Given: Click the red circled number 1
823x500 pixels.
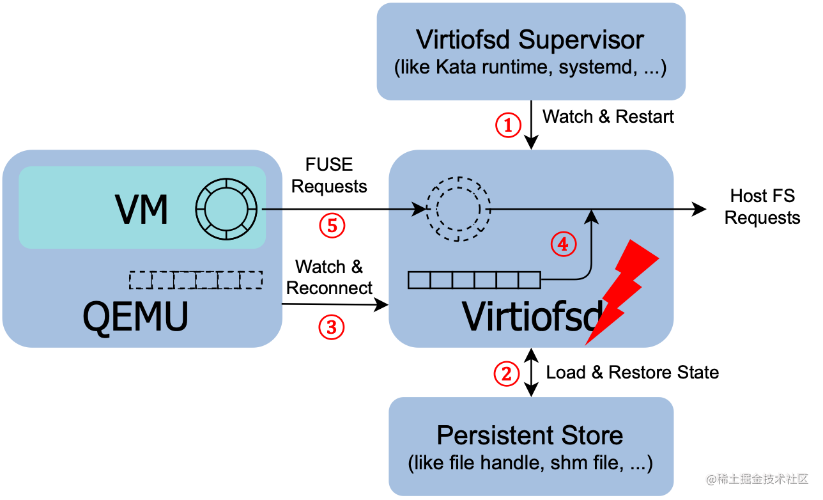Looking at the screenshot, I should pyautogui.click(x=509, y=125).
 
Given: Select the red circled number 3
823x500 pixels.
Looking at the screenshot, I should pyautogui.click(x=332, y=327).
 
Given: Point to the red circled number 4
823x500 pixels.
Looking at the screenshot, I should pyautogui.click(x=564, y=244).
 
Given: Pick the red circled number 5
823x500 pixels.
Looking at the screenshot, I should pyautogui.click(x=332, y=225).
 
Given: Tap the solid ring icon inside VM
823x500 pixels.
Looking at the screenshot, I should pyautogui.click(x=226, y=209).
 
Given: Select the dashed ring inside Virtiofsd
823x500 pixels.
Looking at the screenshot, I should pyautogui.click(x=458, y=209).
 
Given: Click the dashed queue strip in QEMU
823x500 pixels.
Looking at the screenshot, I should pyautogui.click(x=196, y=280).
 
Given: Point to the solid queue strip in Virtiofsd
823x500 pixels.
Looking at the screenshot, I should pyautogui.click(x=474, y=280).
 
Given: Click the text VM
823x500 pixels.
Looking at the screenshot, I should pyautogui.click(x=141, y=209).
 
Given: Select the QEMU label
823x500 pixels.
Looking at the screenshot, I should pyautogui.click(x=135, y=316).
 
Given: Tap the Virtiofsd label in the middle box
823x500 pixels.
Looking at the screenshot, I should pyautogui.click(x=530, y=316).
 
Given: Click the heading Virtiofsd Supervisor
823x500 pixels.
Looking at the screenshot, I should pyautogui.click(x=530, y=40).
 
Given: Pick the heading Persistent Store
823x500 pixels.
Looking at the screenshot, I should pyautogui.click(x=530, y=435).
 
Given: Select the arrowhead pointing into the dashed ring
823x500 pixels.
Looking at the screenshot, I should pyautogui.click(x=419, y=209).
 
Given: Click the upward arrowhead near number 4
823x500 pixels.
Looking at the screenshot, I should pyautogui.click(x=592, y=217).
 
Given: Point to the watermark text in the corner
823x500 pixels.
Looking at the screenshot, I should pyautogui.click(x=757, y=478).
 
